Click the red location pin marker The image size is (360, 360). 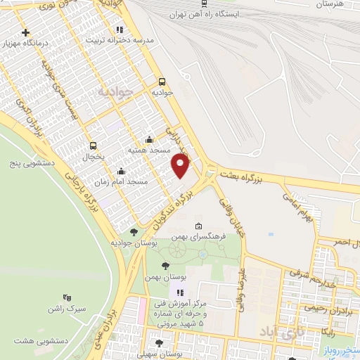click(181, 165)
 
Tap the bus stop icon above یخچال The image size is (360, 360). click(93, 146)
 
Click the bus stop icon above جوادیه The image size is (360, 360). click(162, 82)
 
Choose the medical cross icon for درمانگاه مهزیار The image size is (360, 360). click(26, 33)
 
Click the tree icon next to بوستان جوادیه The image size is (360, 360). click(134, 231)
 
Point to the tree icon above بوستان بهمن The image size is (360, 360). click(165, 266)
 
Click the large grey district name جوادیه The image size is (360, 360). click(114, 92)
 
